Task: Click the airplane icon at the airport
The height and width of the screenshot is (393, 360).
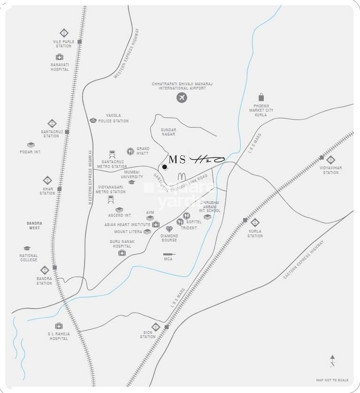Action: pyautogui.click(x=182, y=98)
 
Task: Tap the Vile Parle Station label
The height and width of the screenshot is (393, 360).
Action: pyautogui.click(x=63, y=44)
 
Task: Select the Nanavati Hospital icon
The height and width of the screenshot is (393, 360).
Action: pyautogui.click(x=60, y=57)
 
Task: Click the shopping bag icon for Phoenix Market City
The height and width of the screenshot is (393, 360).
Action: pyautogui.click(x=260, y=97)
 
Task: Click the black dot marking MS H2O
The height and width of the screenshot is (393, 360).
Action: pyautogui.click(x=164, y=167)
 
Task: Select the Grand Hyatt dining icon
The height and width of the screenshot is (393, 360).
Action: pyautogui.click(x=130, y=151)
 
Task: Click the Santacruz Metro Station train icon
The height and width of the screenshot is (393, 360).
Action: pyautogui.click(x=112, y=154)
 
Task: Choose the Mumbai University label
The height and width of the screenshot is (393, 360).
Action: pyautogui.click(x=132, y=174)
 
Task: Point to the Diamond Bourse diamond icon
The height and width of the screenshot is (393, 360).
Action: pyautogui.click(x=169, y=229)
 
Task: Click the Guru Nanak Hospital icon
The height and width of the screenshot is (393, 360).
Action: pyautogui.click(x=122, y=253)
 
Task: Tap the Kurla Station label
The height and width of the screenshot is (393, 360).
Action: pyautogui.click(x=255, y=234)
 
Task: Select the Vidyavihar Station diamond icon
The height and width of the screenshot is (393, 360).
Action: pyautogui.click(x=331, y=159)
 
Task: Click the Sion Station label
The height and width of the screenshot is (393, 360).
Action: pyautogui.click(x=148, y=334)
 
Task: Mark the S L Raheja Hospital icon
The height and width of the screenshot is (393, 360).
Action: pyautogui.click(x=59, y=326)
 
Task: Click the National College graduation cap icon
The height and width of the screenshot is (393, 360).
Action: pyautogui.click(x=27, y=248)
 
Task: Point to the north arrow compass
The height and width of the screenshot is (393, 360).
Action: pyautogui.click(x=332, y=360)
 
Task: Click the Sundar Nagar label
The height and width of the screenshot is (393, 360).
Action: pyautogui.click(x=168, y=132)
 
